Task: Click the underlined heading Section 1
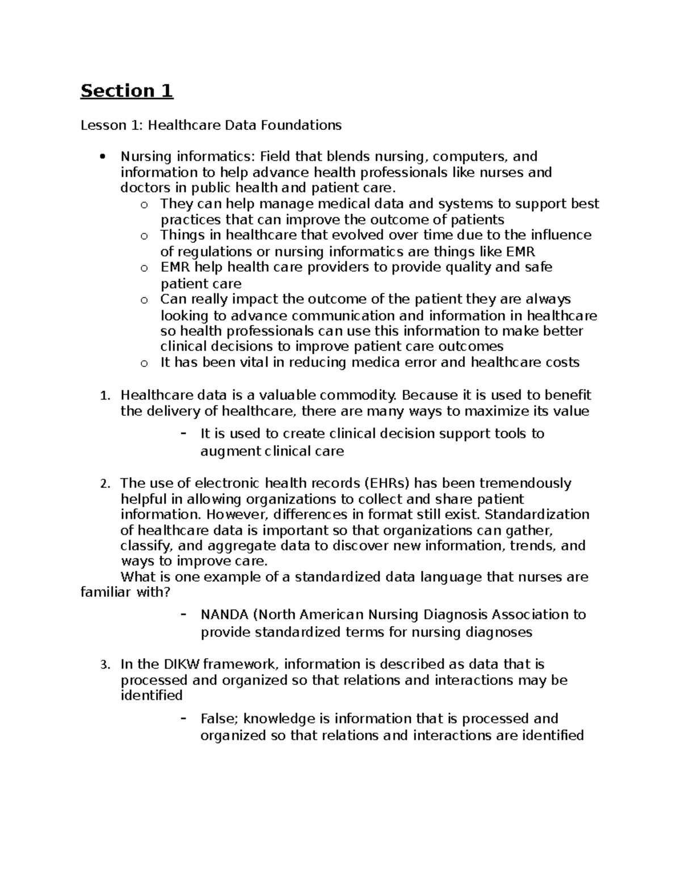(127, 91)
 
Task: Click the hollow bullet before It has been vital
(144, 364)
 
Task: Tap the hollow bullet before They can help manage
(144, 205)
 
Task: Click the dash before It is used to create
(183, 433)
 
